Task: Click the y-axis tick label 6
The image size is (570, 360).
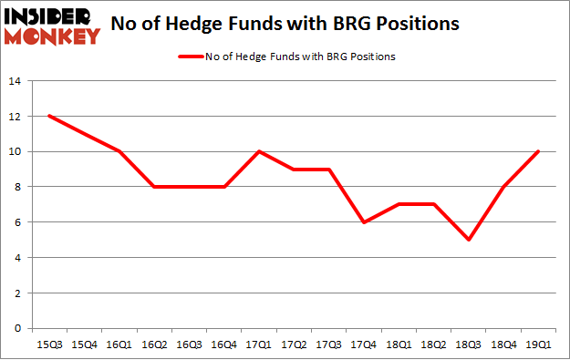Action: tap(16, 222)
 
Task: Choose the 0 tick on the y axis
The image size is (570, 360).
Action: tap(16, 328)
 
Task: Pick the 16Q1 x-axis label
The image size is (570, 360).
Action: tap(119, 345)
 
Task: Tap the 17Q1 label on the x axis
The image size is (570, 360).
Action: tap(259, 345)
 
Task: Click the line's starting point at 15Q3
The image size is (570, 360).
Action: tap(48, 116)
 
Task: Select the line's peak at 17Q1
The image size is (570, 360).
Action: tap(259, 151)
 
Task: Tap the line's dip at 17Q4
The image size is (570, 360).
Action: tap(364, 222)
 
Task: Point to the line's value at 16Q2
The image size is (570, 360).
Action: tap(153, 187)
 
